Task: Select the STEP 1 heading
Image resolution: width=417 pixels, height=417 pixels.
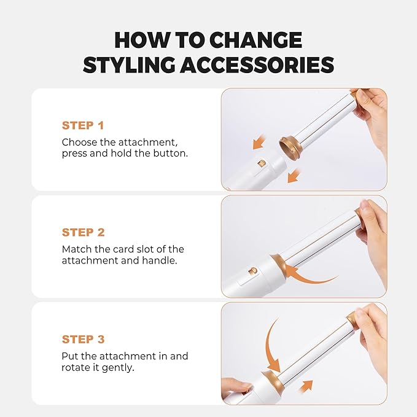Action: [83, 125]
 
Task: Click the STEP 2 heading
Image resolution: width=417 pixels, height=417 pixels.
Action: [83, 232]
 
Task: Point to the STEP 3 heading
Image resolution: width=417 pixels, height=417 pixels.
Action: [83, 339]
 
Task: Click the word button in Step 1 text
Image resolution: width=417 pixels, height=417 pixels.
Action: [171, 153]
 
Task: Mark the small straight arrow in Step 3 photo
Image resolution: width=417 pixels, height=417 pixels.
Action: [305, 386]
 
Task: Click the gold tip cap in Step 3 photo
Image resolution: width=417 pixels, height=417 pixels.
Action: [352, 320]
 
